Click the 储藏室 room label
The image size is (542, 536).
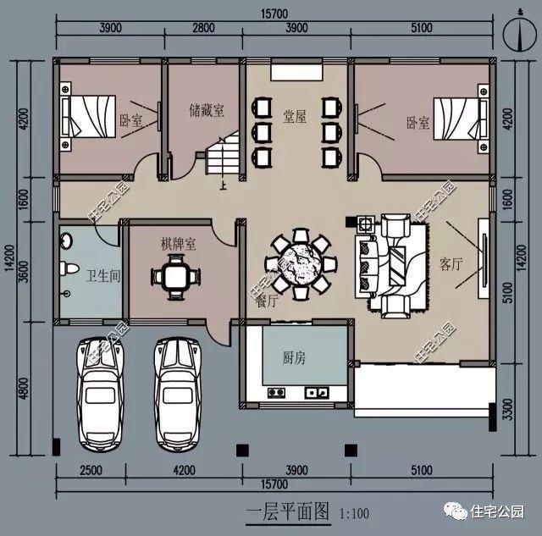[x=207, y=110]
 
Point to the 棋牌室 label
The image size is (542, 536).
[x=179, y=244]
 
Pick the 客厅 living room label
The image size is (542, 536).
[x=451, y=264]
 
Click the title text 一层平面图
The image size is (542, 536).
[x=286, y=512]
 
